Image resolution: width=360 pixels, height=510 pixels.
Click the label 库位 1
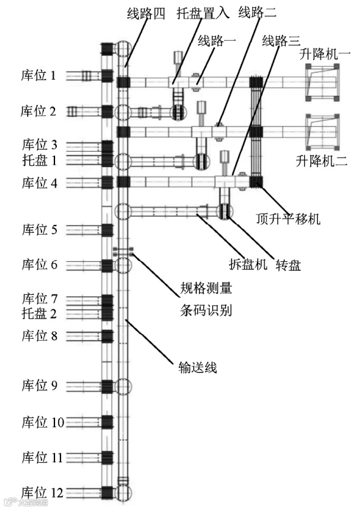[39, 75]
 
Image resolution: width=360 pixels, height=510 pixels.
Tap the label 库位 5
[39, 229]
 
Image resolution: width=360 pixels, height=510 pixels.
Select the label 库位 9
[39, 386]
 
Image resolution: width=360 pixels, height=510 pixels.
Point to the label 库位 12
[41, 492]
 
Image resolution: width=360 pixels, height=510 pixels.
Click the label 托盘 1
[39, 159]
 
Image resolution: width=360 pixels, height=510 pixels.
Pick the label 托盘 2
[39, 313]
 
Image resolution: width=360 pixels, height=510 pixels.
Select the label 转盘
[288, 265]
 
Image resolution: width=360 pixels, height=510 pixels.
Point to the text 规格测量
[205, 290]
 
